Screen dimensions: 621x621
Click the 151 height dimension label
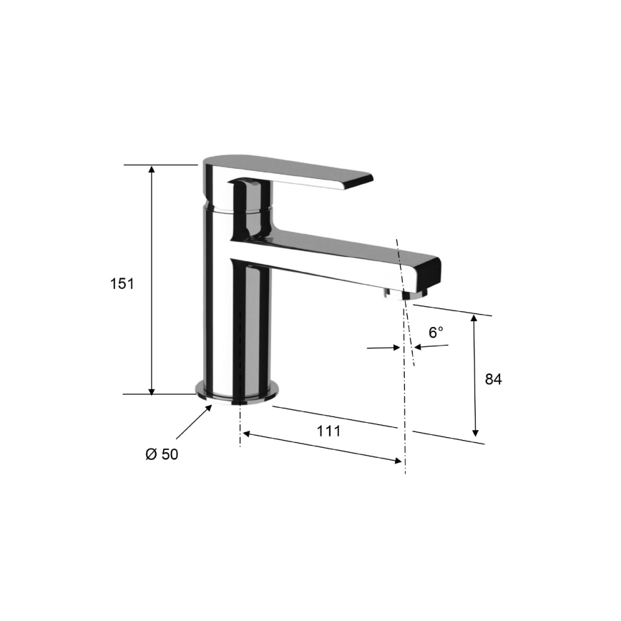(122, 283)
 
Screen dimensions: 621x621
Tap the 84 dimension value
(493, 379)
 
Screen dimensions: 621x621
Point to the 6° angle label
(436, 332)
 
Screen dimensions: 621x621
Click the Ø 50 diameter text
(162, 455)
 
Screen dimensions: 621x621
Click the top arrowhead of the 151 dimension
(152, 170)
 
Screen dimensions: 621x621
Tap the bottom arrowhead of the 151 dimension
(152, 388)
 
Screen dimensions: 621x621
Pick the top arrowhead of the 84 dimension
(474, 319)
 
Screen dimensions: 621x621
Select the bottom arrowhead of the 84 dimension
(475, 432)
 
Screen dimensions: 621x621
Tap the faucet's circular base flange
(236, 391)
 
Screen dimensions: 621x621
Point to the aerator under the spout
(395, 293)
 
